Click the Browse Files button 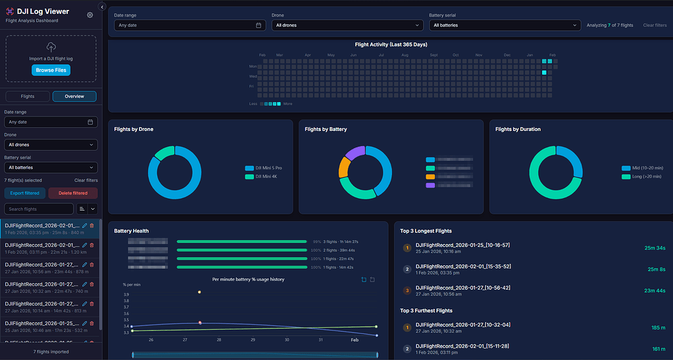[x=51, y=70]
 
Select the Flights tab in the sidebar [x=28, y=96]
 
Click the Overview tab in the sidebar [x=74, y=96]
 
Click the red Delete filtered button [x=73, y=193]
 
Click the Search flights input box [x=39, y=209]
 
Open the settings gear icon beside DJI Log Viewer [x=90, y=14]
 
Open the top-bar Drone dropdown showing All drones [x=346, y=25]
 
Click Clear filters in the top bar [x=654, y=25]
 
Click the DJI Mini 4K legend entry [x=266, y=176]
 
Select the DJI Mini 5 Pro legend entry [x=268, y=168]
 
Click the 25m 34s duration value [x=655, y=248]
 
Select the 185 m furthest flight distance [x=659, y=327]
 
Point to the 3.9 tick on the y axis [x=126, y=294]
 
